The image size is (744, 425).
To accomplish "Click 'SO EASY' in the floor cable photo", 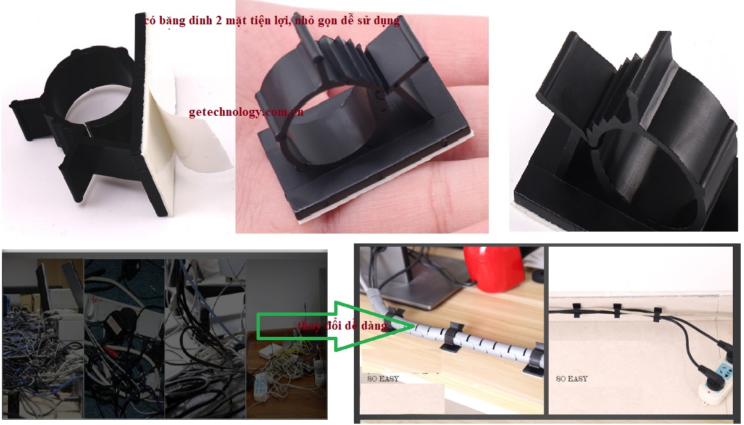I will pyautogui.click(x=572, y=379).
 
